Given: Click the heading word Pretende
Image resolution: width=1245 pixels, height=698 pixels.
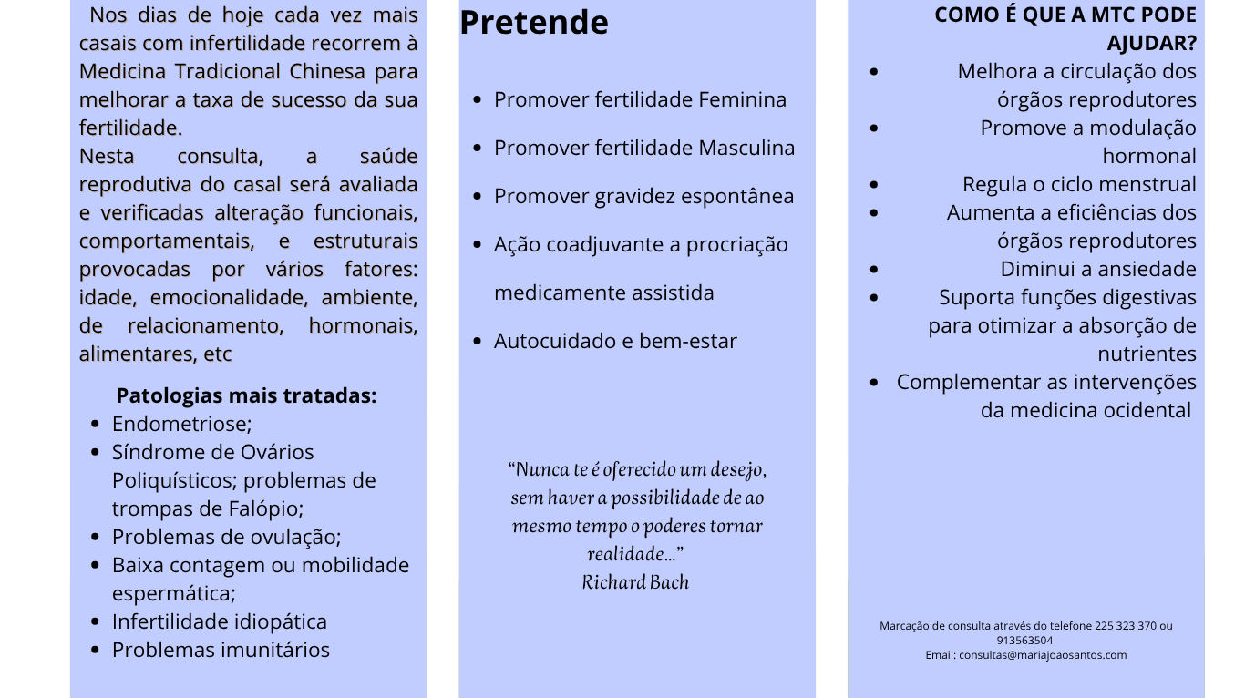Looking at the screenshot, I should point(534,23).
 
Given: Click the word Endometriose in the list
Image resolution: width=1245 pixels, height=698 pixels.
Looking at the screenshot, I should point(181,424).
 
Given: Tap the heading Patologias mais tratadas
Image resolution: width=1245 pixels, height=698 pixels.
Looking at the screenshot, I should point(246,396).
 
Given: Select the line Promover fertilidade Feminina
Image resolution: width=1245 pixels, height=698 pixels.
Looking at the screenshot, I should point(640,99).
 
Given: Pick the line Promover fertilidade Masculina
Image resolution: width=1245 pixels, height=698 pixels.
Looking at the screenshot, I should point(644,148).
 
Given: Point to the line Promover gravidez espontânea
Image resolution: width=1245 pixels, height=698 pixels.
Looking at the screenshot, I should point(643,196).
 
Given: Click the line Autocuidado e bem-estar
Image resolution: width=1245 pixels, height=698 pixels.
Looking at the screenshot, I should point(615,341).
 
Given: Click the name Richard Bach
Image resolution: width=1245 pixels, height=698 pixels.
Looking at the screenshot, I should point(635,582).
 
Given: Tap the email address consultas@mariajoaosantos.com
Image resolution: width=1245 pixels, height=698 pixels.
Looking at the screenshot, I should point(1043,654).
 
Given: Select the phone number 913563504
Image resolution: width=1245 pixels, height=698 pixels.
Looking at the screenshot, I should point(1025,640).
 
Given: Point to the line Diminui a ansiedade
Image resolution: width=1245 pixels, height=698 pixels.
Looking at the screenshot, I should point(1098,269).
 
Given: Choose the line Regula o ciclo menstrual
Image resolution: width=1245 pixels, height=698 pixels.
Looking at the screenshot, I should point(1079,184).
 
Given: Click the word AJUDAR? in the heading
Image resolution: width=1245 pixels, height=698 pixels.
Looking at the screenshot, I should point(1151,43).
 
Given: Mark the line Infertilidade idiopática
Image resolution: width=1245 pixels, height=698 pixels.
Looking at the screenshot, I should point(219,621).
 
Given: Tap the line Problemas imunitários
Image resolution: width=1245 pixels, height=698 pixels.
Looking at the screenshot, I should point(221,650).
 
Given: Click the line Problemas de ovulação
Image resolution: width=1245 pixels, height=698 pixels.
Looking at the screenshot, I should point(226,537).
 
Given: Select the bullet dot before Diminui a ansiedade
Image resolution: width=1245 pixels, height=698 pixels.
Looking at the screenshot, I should point(875,269).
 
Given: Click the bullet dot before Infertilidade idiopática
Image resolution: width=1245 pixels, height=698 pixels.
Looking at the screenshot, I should point(96,621).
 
